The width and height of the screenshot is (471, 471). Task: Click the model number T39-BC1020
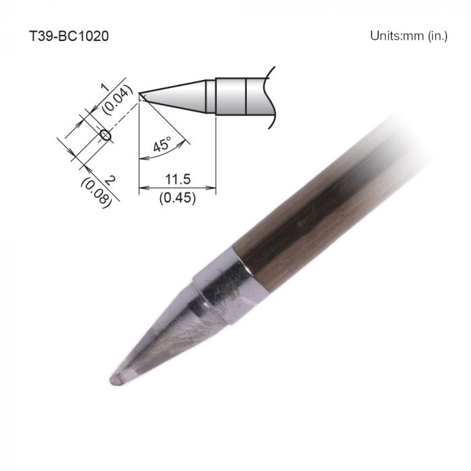click(x=69, y=36)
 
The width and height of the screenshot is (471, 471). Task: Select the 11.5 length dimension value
click(x=178, y=179)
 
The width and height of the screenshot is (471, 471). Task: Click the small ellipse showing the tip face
click(x=105, y=135)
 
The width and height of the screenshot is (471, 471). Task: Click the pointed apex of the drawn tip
click(x=140, y=94)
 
